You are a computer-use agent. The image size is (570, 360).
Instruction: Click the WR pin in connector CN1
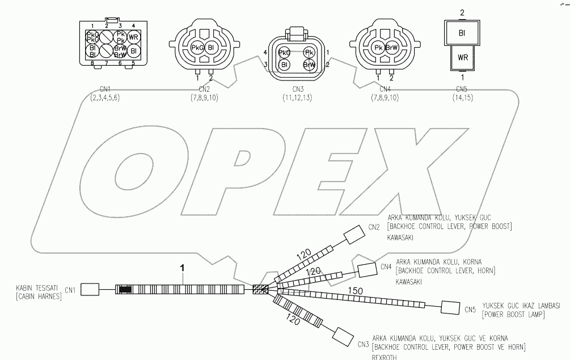[134, 37]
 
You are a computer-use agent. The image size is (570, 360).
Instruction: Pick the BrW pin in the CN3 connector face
[309, 65]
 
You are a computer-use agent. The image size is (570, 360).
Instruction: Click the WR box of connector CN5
[463, 58]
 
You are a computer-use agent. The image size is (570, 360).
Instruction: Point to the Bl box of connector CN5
[463, 33]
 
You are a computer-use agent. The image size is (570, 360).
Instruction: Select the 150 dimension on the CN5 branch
[356, 290]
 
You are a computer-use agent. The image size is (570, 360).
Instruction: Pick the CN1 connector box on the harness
[90, 290]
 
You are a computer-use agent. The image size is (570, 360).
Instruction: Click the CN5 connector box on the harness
[450, 308]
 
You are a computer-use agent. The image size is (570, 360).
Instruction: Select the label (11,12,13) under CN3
[298, 98]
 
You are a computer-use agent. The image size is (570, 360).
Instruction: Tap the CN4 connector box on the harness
[367, 270]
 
